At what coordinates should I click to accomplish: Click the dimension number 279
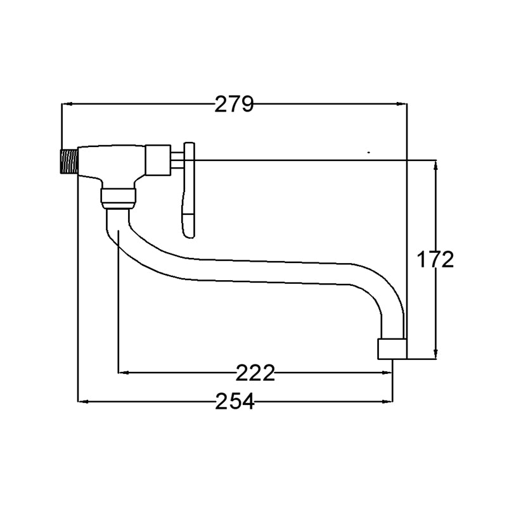click(x=234, y=104)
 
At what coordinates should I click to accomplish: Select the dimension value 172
click(x=435, y=259)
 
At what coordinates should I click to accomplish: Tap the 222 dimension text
click(x=255, y=373)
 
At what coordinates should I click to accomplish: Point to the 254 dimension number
click(x=234, y=402)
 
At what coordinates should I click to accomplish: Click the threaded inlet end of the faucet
click(x=69, y=162)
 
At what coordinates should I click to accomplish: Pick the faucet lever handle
click(x=189, y=190)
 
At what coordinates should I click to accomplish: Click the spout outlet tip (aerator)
click(x=392, y=349)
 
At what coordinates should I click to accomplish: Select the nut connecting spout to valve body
click(x=119, y=198)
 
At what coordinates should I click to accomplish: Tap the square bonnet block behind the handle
click(x=158, y=160)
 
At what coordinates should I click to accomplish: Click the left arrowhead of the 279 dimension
click(x=67, y=104)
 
